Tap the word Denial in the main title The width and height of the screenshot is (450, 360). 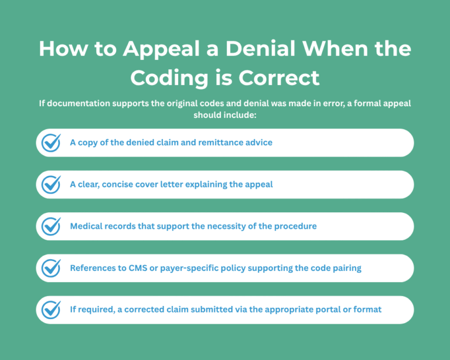tap(255, 49)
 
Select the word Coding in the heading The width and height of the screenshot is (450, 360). tap(169, 77)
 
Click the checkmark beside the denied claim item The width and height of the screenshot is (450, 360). tap(52, 142)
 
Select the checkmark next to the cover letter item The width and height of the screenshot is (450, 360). tap(52, 184)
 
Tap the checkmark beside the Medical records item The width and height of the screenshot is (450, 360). tap(52, 226)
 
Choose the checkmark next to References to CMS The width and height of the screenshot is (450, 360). tap(52, 268)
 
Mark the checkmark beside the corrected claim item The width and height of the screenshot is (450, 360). tap(52, 310)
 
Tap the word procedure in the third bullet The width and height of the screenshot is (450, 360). tap(295, 226)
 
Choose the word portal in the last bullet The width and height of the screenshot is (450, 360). tap(335, 310)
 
